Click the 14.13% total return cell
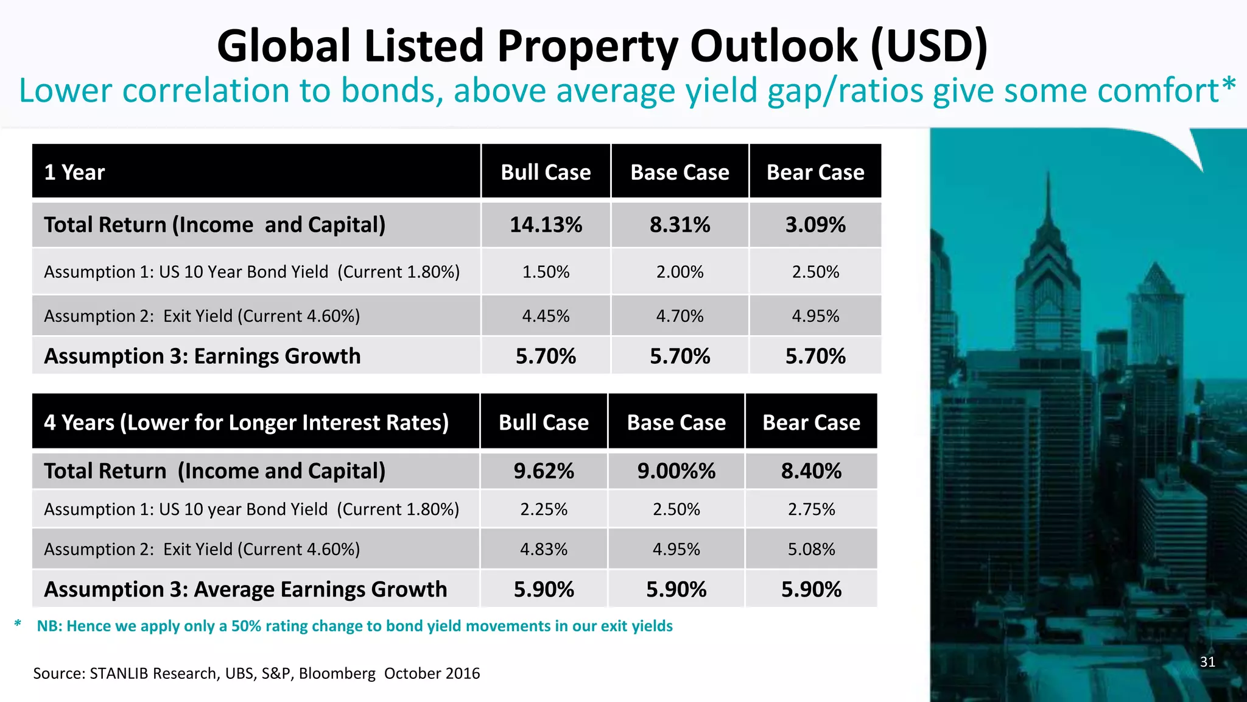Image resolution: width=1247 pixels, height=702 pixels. (x=546, y=225)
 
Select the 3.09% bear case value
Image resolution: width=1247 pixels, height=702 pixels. (x=815, y=225)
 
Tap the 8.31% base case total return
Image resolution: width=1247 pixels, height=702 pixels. (x=680, y=225)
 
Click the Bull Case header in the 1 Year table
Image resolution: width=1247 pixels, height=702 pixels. (x=546, y=172)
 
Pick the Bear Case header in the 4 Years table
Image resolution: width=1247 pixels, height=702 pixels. (x=811, y=422)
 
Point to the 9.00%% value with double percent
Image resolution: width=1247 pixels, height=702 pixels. (x=676, y=471)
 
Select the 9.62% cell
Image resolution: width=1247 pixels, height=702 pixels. (x=544, y=471)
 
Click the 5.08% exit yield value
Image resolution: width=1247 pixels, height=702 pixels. (x=811, y=549)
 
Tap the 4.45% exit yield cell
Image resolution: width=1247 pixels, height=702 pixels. (x=546, y=316)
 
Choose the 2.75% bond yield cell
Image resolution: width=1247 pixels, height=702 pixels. (x=811, y=509)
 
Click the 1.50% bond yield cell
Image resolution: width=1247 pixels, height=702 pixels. (x=546, y=272)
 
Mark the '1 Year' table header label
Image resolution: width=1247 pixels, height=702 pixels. (x=74, y=172)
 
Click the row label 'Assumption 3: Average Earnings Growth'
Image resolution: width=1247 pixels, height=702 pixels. (x=245, y=589)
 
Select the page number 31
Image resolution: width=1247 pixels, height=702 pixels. (x=1207, y=662)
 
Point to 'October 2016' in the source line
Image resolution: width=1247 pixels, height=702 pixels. (x=432, y=673)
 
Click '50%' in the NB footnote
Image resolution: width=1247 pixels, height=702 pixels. (x=246, y=626)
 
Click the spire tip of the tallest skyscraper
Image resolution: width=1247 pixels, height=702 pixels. (x=1048, y=174)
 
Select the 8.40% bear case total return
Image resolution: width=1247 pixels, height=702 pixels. (x=811, y=471)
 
